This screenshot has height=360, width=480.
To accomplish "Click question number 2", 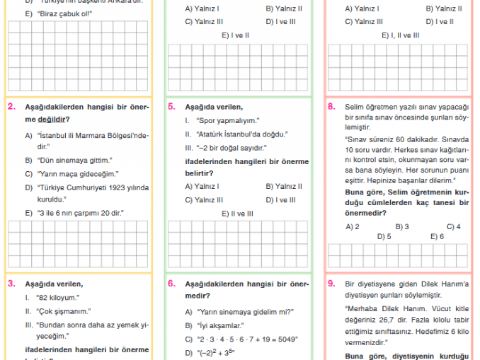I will [12, 107].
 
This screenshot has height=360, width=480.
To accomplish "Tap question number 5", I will [172, 107].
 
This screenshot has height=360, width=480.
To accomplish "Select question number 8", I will [331, 107].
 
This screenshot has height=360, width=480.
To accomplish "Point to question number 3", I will [12, 284].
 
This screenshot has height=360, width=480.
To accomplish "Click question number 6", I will [172, 284].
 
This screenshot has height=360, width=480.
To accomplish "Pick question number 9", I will [331, 284].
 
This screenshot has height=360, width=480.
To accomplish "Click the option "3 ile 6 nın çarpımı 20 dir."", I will [80, 212].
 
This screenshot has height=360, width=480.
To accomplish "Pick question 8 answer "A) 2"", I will [353, 226].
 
